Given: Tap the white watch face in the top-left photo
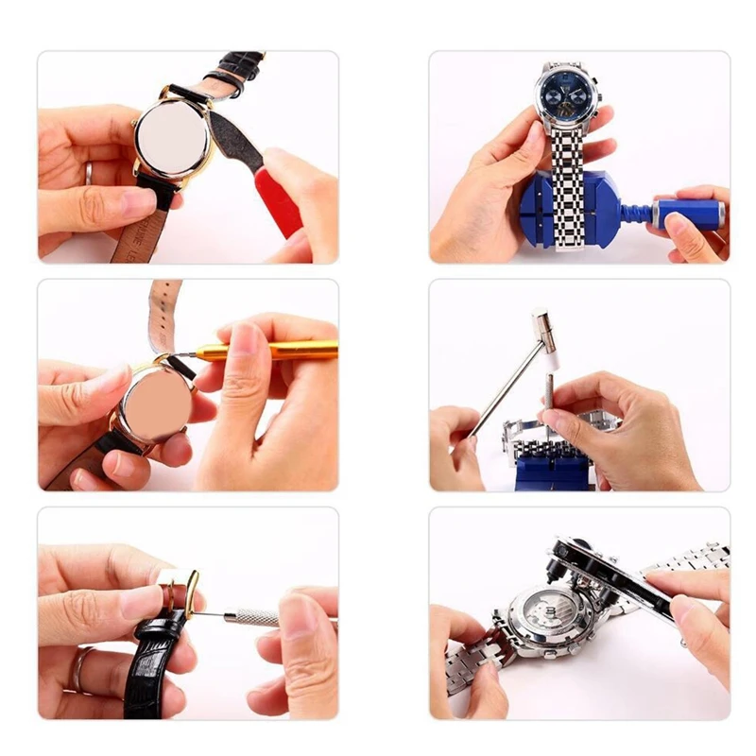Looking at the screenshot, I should (x=172, y=137).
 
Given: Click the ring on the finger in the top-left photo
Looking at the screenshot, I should (x=89, y=173).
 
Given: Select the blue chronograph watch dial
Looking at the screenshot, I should (x=567, y=94).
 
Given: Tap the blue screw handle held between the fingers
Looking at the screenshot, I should (x=687, y=213).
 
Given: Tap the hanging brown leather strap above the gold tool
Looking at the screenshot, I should (x=163, y=312).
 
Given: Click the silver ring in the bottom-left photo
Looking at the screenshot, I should (x=77, y=669).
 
